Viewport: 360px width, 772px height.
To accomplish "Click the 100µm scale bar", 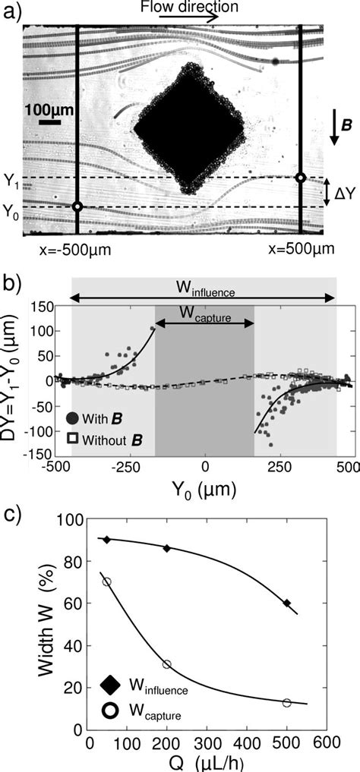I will (x=49, y=121).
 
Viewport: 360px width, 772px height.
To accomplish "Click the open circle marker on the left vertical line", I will (x=77, y=206).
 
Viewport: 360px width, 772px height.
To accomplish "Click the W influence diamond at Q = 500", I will (x=286, y=603).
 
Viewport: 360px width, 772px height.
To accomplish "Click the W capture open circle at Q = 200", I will (x=167, y=664).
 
